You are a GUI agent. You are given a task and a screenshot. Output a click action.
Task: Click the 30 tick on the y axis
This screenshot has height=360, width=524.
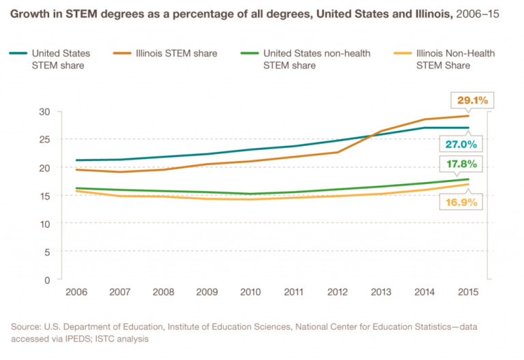click(45, 111)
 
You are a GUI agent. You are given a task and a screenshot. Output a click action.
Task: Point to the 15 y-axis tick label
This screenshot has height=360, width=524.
click(45, 196)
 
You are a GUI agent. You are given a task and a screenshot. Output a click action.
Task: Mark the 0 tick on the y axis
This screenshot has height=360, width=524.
click(48, 280)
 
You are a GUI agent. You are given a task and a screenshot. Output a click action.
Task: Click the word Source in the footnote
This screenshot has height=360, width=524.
click(25, 327)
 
